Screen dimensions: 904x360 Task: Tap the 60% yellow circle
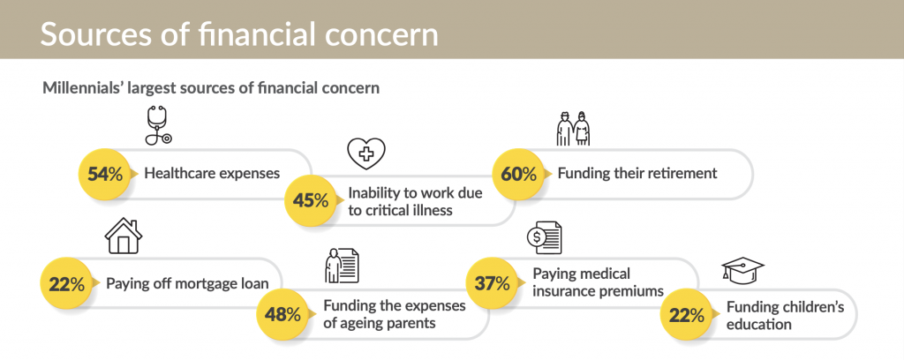517,174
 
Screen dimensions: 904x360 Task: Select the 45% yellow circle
311,201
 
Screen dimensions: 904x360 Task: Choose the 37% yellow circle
491,283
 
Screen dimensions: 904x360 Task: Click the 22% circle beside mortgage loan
65,283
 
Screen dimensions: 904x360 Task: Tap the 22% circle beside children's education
686,316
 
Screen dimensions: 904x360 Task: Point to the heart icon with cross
366,154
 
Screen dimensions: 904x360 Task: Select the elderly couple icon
573,128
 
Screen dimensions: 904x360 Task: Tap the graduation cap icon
742,271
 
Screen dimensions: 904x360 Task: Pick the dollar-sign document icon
544,238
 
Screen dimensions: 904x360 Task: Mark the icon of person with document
342,266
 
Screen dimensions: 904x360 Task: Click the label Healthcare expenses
212,173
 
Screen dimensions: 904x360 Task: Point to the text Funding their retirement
637,173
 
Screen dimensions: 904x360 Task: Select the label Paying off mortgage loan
187,283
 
